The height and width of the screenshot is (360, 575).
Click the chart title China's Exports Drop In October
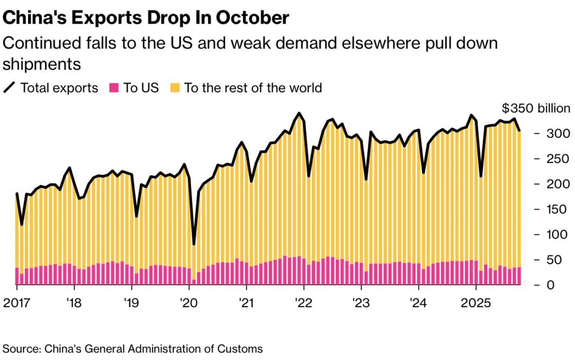coord(146,17)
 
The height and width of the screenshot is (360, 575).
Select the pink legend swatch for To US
coord(114,88)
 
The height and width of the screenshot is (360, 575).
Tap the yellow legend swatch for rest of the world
coord(175,88)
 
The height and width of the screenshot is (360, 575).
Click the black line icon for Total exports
coord(10,88)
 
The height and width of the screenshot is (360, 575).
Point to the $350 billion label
coord(535,108)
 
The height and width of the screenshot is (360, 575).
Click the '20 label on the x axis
coord(189,302)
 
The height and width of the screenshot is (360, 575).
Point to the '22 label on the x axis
coord(304,302)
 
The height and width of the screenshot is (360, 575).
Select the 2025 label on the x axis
coord(475,302)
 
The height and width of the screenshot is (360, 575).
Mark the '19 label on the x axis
coord(131,302)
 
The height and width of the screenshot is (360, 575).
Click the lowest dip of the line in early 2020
coord(194,244)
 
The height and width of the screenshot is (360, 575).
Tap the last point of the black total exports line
coord(520,130)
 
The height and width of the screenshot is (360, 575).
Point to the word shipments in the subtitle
coord(42,64)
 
